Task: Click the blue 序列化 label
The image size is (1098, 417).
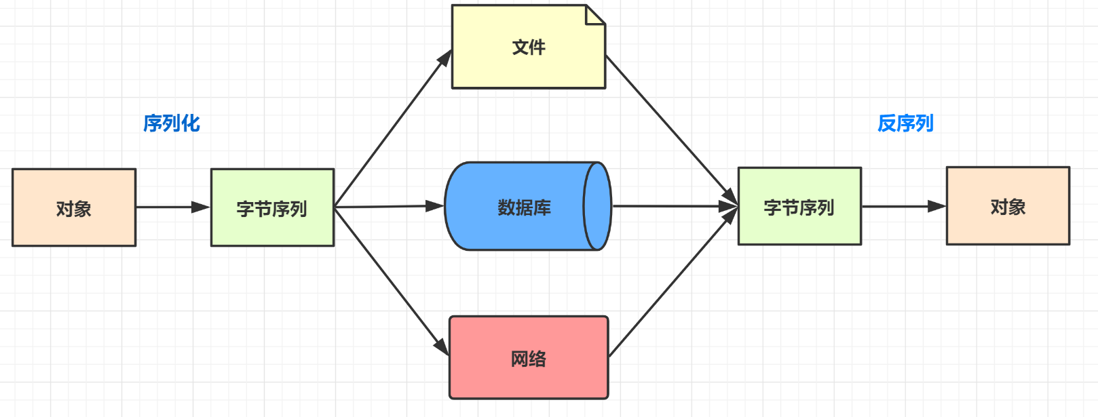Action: [x=172, y=123]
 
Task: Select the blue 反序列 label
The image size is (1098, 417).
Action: [x=905, y=123]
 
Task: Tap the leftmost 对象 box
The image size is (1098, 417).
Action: [x=74, y=207]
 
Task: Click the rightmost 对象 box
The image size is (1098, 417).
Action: [x=1008, y=206]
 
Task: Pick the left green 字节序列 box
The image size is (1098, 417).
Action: [x=272, y=207]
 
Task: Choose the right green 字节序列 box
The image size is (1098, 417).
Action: [x=799, y=207]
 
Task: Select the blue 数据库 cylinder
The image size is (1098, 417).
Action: [x=516, y=207]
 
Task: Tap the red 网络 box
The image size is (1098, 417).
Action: [x=529, y=357]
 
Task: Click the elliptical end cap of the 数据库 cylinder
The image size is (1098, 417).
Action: [x=597, y=206]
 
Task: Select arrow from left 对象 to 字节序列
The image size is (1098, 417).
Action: [x=173, y=207]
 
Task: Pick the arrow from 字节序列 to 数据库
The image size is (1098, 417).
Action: [x=388, y=206]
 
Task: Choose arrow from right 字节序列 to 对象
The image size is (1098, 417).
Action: [x=903, y=206]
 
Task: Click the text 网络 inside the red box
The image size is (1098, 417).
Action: [x=529, y=359]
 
